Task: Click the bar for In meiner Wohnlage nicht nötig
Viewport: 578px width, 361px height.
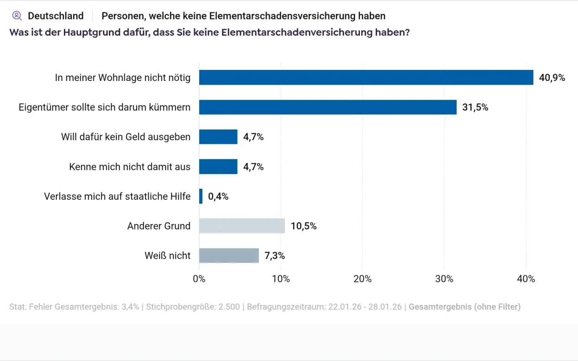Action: click(x=366, y=77)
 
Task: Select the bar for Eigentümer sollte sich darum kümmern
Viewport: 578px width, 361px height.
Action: click(x=327, y=107)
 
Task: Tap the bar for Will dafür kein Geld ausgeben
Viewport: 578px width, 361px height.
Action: click(x=218, y=137)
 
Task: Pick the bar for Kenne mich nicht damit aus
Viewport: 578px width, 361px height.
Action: click(x=218, y=167)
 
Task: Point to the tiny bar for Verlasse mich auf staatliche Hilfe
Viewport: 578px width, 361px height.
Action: click(x=201, y=196)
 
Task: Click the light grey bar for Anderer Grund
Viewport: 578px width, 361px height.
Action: click(x=242, y=226)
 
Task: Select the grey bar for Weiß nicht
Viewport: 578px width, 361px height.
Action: click(x=229, y=255)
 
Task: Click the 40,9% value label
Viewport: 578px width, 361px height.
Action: click(x=552, y=78)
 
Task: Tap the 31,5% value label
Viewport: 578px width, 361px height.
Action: click(x=475, y=107)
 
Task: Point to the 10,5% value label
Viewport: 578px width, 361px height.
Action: click(x=303, y=226)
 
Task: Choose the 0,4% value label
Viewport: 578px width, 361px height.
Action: click(x=218, y=197)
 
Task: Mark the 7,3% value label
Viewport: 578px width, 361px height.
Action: click(x=275, y=256)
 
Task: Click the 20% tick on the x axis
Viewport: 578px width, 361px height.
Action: click(x=362, y=279)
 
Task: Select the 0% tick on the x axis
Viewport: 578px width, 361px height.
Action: click(x=199, y=279)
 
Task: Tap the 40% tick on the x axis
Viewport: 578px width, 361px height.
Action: click(x=526, y=279)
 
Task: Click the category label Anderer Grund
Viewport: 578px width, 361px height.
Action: click(x=159, y=226)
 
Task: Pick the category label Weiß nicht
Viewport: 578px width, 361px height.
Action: click(x=167, y=255)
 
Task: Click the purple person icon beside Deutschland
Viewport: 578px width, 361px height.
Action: click(x=17, y=16)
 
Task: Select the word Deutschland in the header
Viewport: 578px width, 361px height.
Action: click(x=56, y=16)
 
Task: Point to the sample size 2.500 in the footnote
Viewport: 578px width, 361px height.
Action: click(x=227, y=307)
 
